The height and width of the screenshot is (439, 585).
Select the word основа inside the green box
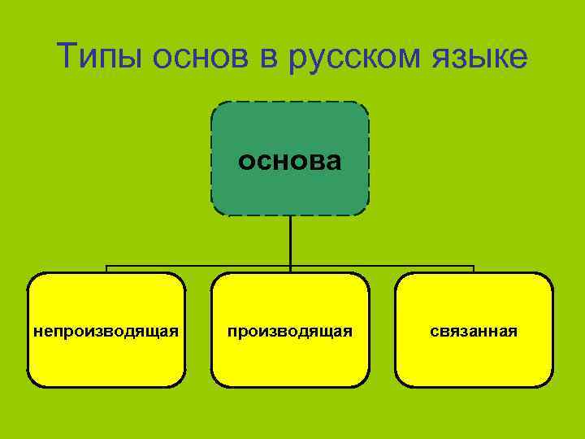tap(290, 161)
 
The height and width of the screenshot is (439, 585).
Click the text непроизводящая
tap(106, 331)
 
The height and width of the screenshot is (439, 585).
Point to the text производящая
tap(290, 331)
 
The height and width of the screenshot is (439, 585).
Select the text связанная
tap(474, 331)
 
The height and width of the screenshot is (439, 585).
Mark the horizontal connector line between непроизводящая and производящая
tap(199, 266)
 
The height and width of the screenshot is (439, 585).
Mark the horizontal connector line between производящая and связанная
tap(382, 266)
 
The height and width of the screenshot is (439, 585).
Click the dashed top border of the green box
tap(290, 102)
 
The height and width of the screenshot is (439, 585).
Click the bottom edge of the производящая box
tap(290, 386)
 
